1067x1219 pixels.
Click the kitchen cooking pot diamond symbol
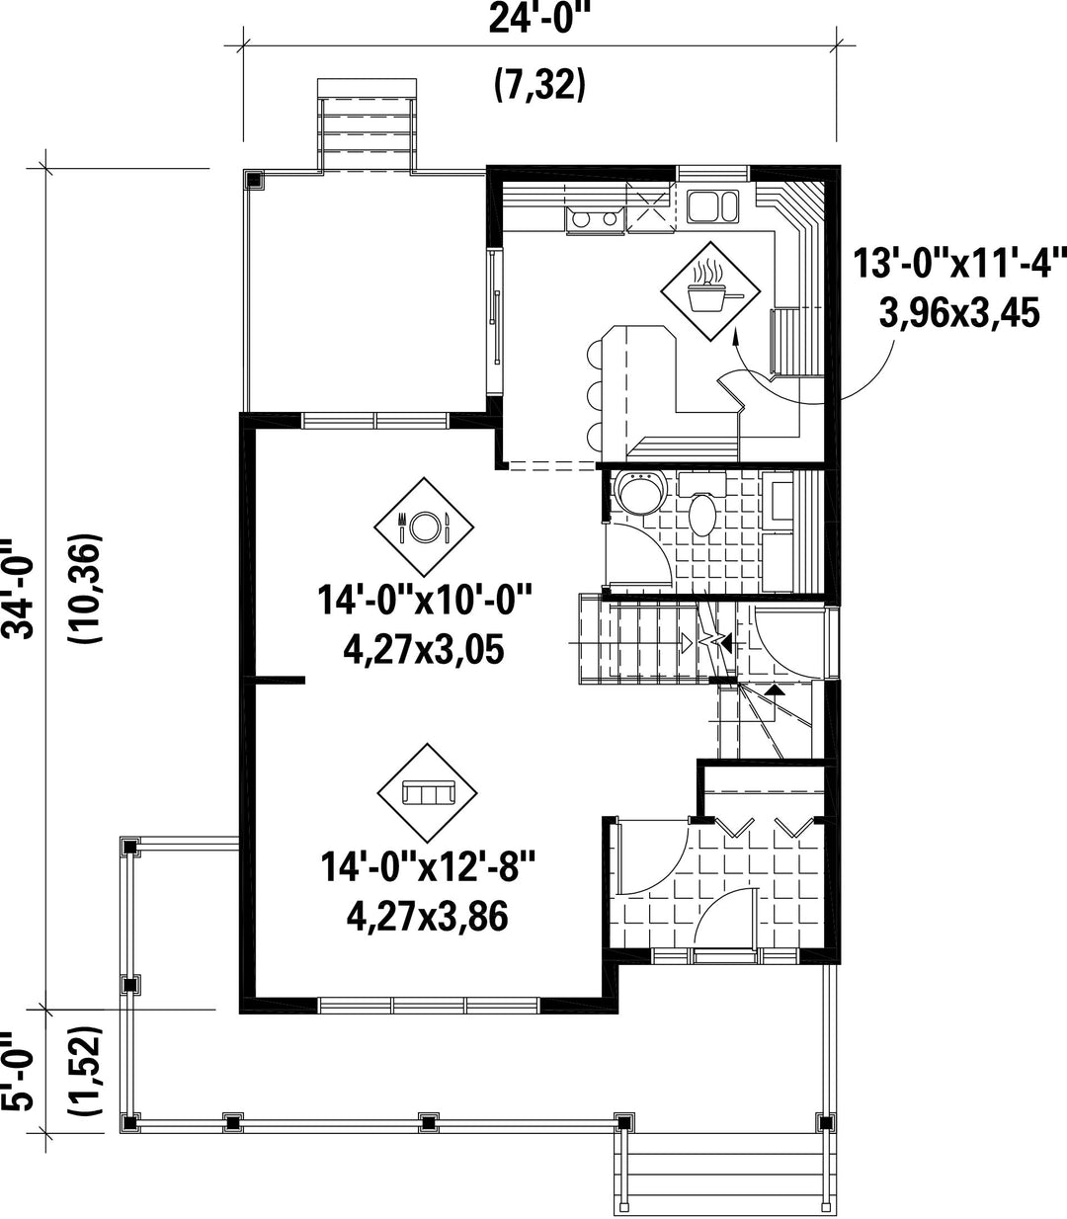[x=710, y=291]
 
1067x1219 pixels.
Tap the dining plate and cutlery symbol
[x=424, y=527]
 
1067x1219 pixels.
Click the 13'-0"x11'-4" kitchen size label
[x=960, y=263]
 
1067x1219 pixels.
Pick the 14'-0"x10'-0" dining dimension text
[x=424, y=600]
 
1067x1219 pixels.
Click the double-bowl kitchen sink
[x=713, y=206]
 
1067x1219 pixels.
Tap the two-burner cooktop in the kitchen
[x=595, y=219]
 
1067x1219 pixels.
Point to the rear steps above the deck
[x=367, y=126]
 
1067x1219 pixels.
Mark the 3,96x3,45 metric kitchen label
[x=959, y=313]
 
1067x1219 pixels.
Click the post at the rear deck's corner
[x=254, y=179]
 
